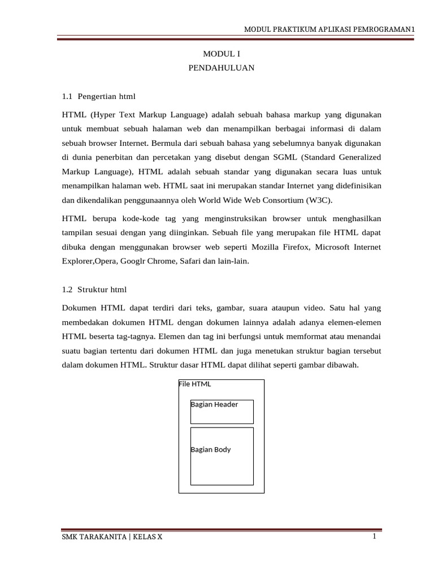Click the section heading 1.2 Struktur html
coord(94,289)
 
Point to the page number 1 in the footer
coord(374,537)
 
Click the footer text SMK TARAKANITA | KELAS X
coord(112,537)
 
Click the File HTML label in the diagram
coord(195,384)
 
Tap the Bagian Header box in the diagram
coord(222,412)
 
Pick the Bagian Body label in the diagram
coord(211,450)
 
